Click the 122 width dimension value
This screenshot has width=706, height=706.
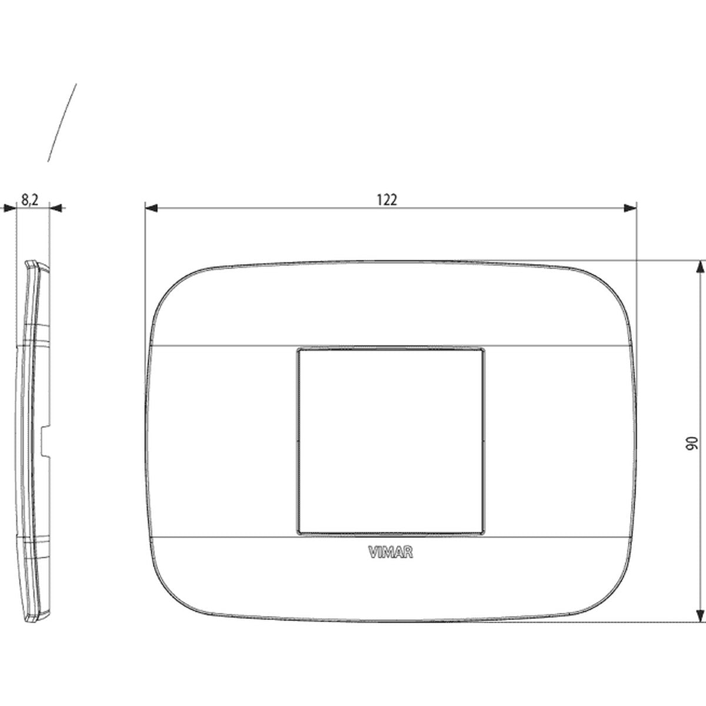coord(387,200)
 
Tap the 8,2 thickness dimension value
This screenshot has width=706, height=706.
coord(29,200)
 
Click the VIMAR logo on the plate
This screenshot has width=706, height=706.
coord(391,552)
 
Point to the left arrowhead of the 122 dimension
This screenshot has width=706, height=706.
coord(151,208)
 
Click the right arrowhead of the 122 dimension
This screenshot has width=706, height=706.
coord(630,208)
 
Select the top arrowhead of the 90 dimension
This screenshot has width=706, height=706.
coord(700,267)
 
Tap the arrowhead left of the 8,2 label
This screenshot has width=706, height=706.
coord(10,208)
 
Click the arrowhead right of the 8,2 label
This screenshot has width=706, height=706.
coord(56,208)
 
